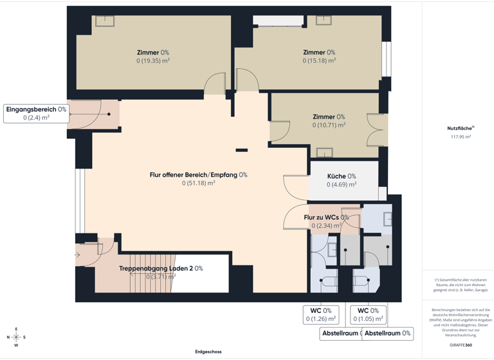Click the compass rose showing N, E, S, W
pyautogui.click(x=16, y=337)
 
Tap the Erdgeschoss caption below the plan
pyautogui.click(x=208, y=352)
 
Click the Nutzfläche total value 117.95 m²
pyautogui.click(x=460, y=136)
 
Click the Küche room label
pyautogui.click(x=341, y=176)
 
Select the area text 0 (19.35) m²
pyautogui.click(x=152, y=61)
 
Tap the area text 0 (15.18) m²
pyautogui.click(x=319, y=61)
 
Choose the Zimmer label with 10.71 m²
pyautogui.click(x=329, y=117)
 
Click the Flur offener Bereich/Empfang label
pyautogui.click(x=198, y=175)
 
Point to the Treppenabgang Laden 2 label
pyautogui.click(x=161, y=268)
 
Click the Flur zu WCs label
pyautogui.click(x=326, y=217)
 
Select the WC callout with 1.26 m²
pyautogui.click(x=320, y=314)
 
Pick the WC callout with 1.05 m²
pyautogui.click(x=368, y=314)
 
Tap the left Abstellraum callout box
pyautogui.click(x=340, y=334)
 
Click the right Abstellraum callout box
pyautogui.click(x=387, y=334)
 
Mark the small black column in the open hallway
pyautogui.click(x=241, y=150)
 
